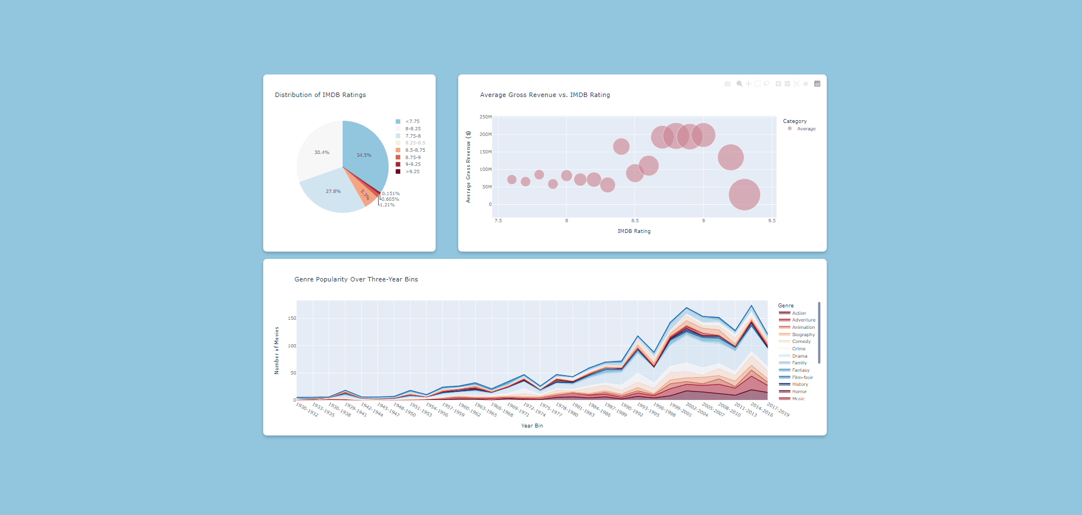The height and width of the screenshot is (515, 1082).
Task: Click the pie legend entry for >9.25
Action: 412,171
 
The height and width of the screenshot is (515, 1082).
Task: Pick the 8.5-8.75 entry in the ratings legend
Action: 415,150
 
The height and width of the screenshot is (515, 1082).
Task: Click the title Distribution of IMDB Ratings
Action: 320,95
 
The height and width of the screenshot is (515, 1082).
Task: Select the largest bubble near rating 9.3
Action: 744,195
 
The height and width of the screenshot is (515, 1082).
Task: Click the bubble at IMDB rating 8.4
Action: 621,147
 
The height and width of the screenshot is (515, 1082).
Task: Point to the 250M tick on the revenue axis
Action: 485,117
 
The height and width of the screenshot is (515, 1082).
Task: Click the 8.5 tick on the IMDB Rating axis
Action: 635,221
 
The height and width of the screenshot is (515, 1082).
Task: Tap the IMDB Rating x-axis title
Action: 634,231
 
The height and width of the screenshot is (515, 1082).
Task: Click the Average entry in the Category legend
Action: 806,129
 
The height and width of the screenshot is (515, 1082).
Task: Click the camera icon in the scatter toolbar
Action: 728,83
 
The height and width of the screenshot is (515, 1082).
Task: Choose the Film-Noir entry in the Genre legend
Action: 802,377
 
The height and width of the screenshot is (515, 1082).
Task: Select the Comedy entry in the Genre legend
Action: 801,341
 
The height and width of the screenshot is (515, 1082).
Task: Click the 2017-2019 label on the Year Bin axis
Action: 778,410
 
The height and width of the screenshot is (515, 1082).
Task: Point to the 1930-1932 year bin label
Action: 307,410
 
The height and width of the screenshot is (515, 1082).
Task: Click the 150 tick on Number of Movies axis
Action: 292,318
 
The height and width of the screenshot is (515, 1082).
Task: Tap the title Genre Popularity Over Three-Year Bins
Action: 356,279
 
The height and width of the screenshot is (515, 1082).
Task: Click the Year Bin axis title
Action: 532,426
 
